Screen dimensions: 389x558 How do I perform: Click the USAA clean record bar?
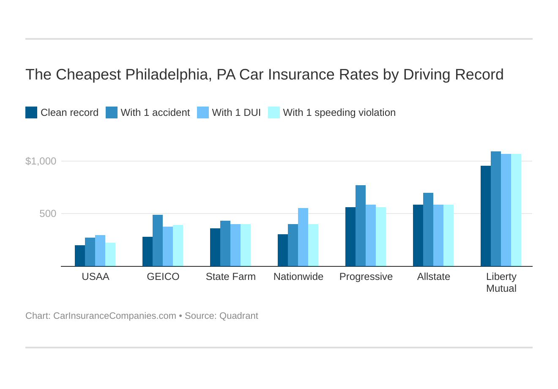[x=80, y=256]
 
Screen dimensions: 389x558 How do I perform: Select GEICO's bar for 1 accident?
[x=158, y=241]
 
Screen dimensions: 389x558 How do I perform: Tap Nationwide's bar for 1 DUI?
[x=303, y=237]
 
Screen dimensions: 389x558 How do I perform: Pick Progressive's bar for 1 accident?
[x=361, y=226]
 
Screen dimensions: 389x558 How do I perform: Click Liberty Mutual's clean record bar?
[x=486, y=216]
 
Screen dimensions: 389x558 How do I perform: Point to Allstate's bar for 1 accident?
[x=428, y=230]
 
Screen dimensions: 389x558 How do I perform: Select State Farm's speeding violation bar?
[x=246, y=245]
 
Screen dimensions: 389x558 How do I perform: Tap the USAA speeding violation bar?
[x=110, y=255]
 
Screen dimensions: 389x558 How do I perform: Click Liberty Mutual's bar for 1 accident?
[x=496, y=209]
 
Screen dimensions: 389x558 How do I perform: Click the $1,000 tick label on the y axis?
[x=41, y=161]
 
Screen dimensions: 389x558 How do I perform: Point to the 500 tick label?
[x=48, y=214]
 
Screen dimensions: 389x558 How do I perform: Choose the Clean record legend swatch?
[x=31, y=112]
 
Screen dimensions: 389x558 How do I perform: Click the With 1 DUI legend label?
[x=236, y=112]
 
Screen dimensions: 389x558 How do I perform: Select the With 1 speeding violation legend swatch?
[x=274, y=112]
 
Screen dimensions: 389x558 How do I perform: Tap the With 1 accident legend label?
[x=155, y=112]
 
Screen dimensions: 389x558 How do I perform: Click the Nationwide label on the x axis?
[x=298, y=277]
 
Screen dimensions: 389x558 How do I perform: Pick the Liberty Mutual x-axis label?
[x=501, y=282]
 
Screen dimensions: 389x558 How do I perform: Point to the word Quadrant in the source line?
[x=238, y=316]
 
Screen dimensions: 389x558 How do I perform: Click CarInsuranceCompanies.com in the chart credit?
[x=115, y=316]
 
